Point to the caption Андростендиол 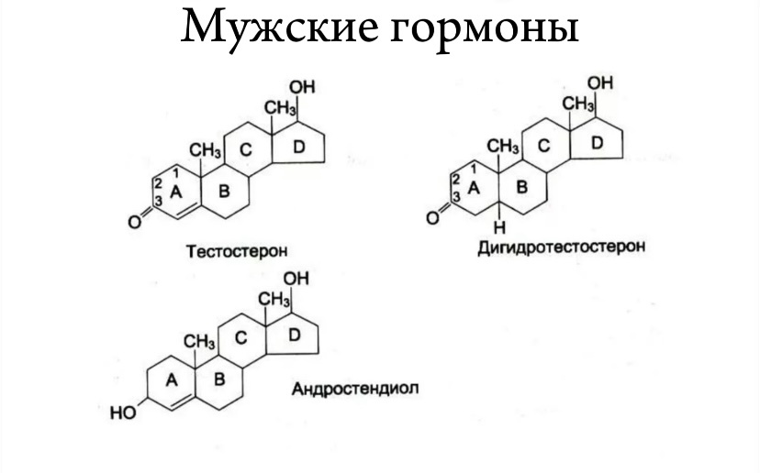[x=354, y=388]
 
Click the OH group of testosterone [x=302, y=87]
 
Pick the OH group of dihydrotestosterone [x=600, y=83]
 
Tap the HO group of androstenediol [x=121, y=413]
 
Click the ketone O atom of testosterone [x=133, y=220]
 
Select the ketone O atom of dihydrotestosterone [x=431, y=217]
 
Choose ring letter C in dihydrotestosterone [x=544, y=144]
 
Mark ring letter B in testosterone [x=222, y=192]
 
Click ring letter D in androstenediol [x=294, y=336]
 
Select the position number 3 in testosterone [x=158, y=202]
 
